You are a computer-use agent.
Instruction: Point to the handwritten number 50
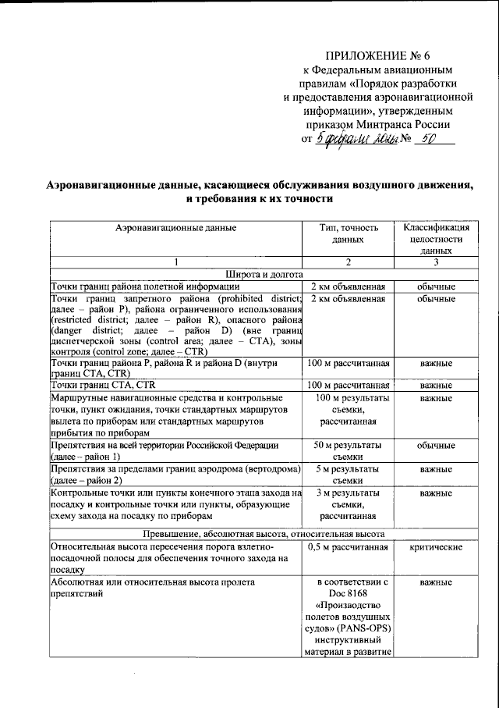(426, 139)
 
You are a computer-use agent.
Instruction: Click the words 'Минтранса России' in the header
(405, 124)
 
